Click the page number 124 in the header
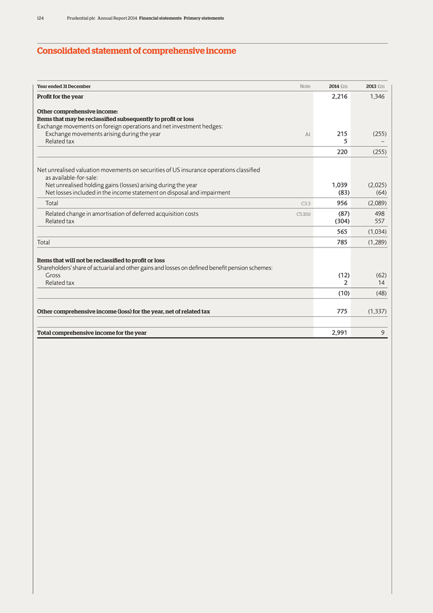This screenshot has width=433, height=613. tap(40, 18)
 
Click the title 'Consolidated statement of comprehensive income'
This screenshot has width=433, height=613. tap(137, 51)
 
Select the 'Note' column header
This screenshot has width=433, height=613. tap(305, 87)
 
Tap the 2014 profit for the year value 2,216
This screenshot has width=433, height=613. tap(339, 96)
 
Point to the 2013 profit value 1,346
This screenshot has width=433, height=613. tap(377, 96)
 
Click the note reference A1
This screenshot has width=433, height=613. tap(307, 134)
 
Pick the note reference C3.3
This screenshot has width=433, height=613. tap(305, 204)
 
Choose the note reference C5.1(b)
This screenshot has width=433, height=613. tap(303, 214)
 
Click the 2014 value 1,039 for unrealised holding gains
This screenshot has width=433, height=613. tap(339, 185)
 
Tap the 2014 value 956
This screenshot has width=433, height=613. tap(341, 204)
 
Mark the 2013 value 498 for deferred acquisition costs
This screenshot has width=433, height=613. tap(378, 214)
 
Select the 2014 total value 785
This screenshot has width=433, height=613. tap(341, 243)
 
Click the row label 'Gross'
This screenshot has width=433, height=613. tap(53, 275)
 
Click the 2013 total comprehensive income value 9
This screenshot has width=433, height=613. tap(382, 332)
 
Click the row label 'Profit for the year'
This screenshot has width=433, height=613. tap(60, 96)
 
